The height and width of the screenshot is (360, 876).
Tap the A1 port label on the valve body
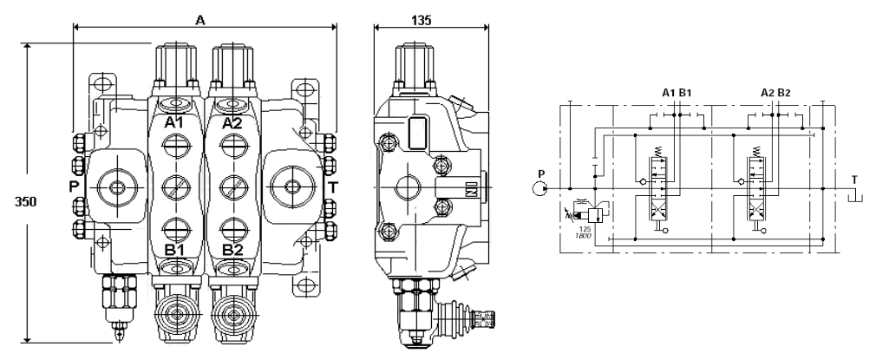click(x=174, y=124)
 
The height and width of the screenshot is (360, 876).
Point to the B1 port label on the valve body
click(x=174, y=251)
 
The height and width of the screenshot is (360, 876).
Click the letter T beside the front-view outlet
click(x=331, y=185)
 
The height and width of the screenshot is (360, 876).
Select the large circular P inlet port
click(x=115, y=185)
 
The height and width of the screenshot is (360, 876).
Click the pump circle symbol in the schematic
click(x=540, y=187)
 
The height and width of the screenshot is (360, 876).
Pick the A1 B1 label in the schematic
click(x=677, y=93)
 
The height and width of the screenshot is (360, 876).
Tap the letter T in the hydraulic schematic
click(x=854, y=180)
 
